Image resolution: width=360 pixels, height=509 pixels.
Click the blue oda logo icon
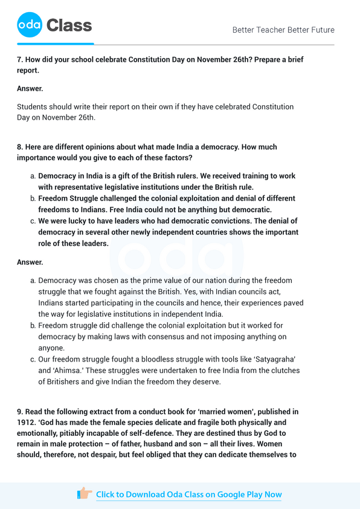[29, 25]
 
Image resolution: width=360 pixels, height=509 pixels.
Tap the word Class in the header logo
[69, 25]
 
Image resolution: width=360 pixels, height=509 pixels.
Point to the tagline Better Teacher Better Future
[283, 30]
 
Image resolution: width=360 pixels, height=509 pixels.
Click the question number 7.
[19, 60]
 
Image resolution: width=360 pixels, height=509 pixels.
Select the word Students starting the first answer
[34, 107]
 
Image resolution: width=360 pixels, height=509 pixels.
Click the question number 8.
[19, 147]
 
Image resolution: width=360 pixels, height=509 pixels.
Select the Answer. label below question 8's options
[30, 262]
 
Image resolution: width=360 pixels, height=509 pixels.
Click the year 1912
[27, 423]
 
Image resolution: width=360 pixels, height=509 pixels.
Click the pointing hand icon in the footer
[85, 494]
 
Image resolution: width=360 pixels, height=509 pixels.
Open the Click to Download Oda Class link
[188, 494]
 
